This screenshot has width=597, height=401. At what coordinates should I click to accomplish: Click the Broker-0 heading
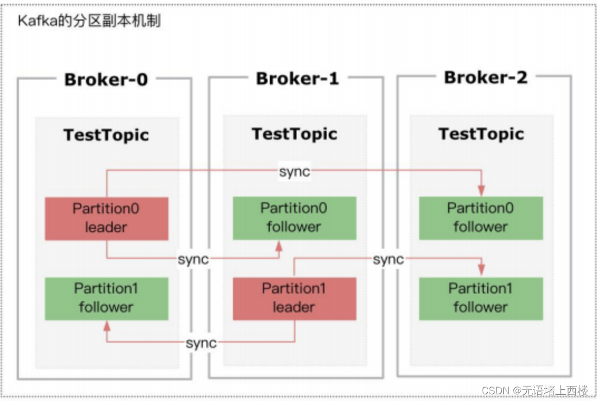[106, 80]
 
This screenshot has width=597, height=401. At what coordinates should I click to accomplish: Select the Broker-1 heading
[297, 79]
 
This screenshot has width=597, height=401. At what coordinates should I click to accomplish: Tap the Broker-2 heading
[485, 77]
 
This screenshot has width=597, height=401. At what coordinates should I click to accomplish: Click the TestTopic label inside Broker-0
[106, 135]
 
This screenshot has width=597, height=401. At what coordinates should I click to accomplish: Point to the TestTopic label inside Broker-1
[294, 134]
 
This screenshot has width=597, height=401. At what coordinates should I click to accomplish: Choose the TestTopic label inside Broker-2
[481, 134]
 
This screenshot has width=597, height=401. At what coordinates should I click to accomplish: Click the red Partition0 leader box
[106, 218]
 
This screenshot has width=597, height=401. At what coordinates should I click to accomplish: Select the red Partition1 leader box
[294, 299]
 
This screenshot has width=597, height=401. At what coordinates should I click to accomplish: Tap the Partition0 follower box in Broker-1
[294, 218]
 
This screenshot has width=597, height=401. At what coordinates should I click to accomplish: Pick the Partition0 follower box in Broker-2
[480, 218]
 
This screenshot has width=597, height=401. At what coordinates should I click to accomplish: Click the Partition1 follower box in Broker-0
[106, 299]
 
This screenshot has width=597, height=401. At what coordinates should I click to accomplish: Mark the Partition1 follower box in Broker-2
[480, 299]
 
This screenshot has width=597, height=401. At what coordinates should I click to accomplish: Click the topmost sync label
[294, 172]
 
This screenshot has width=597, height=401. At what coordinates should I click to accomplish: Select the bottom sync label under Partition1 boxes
[201, 343]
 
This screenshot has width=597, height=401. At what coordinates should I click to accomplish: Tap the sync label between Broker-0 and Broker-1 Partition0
[193, 259]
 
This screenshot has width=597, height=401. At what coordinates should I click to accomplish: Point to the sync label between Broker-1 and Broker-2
[388, 259]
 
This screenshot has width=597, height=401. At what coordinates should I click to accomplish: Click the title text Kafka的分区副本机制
[89, 22]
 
